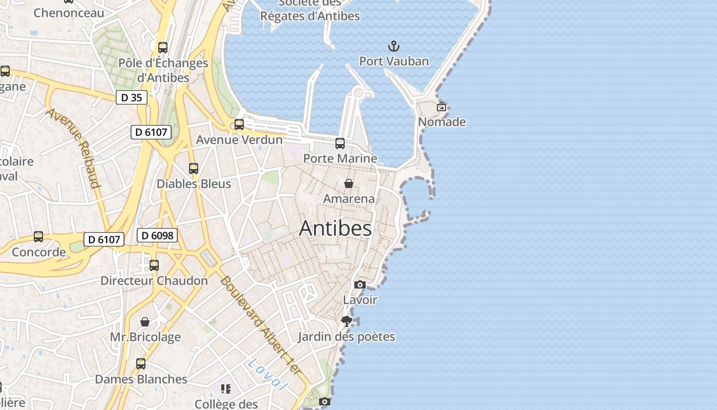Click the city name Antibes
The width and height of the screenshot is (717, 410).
click(x=335, y=228)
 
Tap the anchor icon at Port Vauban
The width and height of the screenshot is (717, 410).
click(x=393, y=47)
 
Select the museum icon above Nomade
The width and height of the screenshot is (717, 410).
click(x=441, y=107)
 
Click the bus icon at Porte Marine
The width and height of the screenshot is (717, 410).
click(x=340, y=143)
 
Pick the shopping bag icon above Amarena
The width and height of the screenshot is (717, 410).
click(x=349, y=183)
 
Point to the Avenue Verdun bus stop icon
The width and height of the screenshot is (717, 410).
click(x=239, y=125)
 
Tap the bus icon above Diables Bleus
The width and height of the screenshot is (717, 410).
click(x=194, y=169)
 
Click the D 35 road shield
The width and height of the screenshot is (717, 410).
click(x=132, y=97)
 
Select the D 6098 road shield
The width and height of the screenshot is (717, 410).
click(x=157, y=235)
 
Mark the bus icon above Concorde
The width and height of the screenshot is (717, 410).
click(x=38, y=237)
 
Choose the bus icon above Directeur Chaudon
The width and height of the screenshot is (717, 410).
click(x=154, y=265)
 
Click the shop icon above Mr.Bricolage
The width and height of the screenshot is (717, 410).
click(x=145, y=322)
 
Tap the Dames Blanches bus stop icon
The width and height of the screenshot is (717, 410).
click(x=141, y=364)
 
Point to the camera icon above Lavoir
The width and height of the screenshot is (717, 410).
click(x=360, y=285)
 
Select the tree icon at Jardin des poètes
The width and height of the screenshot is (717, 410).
click(x=347, y=321)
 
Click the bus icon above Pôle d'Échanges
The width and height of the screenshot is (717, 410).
click(x=163, y=48)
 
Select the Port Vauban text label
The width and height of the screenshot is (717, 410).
click(x=394, y=61)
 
